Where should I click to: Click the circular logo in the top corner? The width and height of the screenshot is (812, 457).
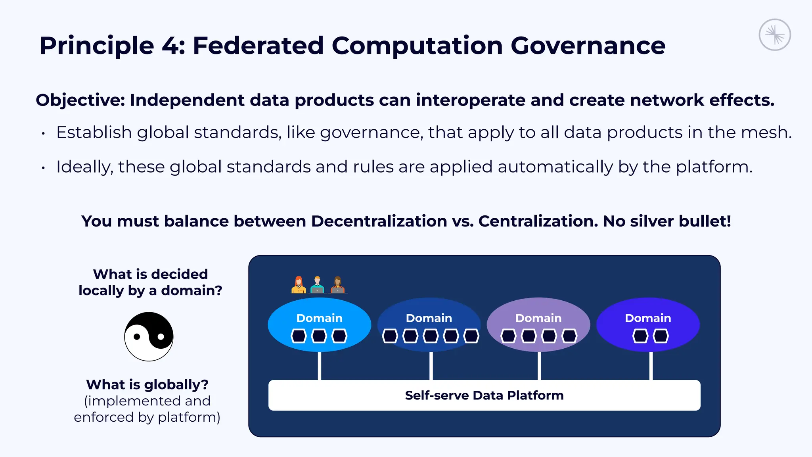[775, 35]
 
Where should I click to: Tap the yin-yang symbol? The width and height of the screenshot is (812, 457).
[149, 336]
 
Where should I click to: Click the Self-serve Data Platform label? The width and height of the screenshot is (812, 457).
[484, 395]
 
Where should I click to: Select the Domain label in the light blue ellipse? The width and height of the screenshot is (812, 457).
[319, 318]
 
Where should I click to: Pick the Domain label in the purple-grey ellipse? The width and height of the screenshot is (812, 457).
[538, 318]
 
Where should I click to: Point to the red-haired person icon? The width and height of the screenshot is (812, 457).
[299, 285]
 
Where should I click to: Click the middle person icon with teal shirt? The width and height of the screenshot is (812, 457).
[317, 285]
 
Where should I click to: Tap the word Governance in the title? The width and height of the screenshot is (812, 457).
[588, 46]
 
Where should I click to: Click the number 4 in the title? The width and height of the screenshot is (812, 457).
[170, 46]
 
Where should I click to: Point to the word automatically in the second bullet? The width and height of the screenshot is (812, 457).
[555, 167]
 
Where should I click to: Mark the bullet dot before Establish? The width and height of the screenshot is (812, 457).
[43, 134]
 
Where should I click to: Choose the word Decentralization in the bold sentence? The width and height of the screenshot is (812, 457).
[379, 221]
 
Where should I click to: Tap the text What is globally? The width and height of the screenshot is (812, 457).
[147, 384]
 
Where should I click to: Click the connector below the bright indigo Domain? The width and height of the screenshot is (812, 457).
[651, 366]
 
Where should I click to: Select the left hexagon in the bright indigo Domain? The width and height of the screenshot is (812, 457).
[640, 336]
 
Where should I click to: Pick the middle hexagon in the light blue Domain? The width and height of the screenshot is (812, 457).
[319, 336]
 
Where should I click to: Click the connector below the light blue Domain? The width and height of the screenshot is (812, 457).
[319, 366]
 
